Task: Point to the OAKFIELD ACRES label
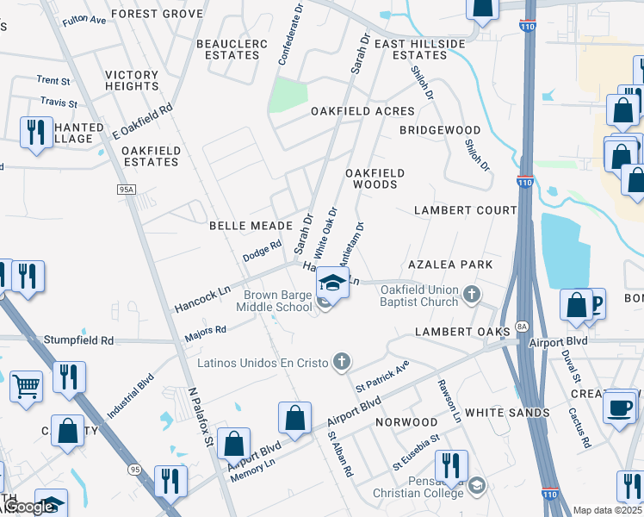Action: pos(362,111)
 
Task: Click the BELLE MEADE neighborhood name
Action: pos(251,225)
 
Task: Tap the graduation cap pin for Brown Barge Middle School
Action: pos(332,282)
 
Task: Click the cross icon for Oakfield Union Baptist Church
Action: pos(471,296)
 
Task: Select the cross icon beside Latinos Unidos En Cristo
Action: pos(342,362)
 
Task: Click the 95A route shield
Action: pos(127,189)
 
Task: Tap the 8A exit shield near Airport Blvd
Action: pos(522,326)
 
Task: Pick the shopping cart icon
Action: pos(27,387)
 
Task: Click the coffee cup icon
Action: pos(619,406)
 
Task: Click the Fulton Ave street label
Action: pos(84,19)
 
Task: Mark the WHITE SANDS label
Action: pos(507,413)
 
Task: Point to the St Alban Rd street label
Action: pos(339,453)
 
